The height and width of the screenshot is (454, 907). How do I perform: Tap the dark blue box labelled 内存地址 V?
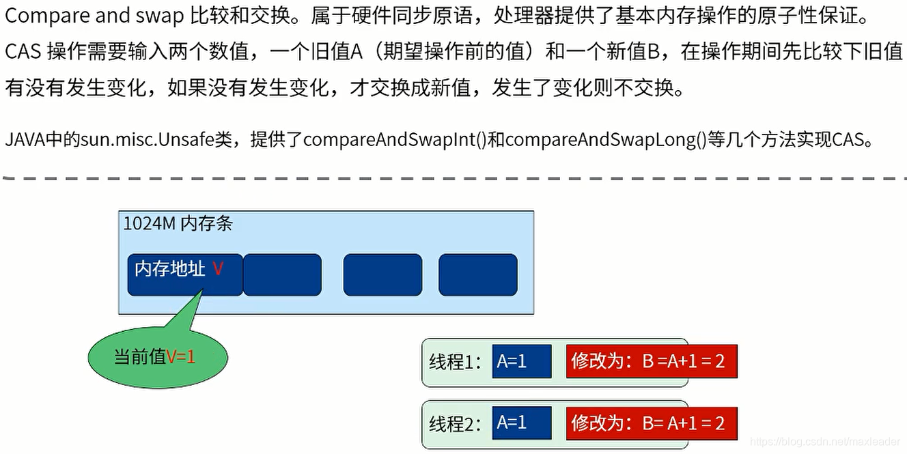click(x=184, y=274)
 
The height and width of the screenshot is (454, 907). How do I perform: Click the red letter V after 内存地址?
click(x=218, y=269)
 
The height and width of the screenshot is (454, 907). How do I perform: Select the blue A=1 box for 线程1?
click(x=521, y=361)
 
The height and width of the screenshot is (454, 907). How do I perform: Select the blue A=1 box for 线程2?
click(x=521, y=423)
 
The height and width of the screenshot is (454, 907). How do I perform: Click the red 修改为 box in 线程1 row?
click(x=651, y=361)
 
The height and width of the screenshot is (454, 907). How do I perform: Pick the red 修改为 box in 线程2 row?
click(x=651, y=423)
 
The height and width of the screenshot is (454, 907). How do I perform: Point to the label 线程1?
click(x=456, y=362)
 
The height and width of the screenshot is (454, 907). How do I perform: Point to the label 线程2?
click(x=456, y=424)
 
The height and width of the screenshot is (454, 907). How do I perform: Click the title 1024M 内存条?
click(x=178, y=224)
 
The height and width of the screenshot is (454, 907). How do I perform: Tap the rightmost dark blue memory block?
click(x=477, y=274)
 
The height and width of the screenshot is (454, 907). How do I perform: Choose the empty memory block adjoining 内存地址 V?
click(x=282, y=274)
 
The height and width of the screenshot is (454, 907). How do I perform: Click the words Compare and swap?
click(x=94, y=18)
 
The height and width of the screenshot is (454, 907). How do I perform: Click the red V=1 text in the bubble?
click(x=181, y=356)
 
